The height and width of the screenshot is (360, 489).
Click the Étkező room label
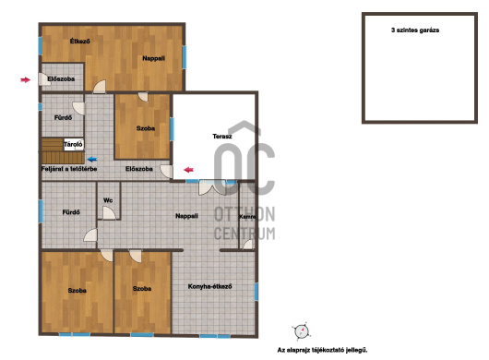[80, 41]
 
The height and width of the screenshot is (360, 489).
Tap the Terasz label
[222, 137]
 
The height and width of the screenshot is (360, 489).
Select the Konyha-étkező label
[209, 286]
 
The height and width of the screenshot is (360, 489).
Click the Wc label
[108, 200]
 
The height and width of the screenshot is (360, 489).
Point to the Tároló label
[73, 144]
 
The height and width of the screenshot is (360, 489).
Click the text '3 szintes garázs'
[415, 30]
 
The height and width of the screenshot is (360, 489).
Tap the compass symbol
[302, 331]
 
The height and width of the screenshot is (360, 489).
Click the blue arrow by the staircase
[92, 160]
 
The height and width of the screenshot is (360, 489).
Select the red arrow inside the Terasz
[188, 170]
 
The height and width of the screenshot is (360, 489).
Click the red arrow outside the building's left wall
[25, 80]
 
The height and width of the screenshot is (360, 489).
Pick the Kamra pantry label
[247, 217]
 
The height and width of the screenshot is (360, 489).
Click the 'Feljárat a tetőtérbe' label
[69, 169]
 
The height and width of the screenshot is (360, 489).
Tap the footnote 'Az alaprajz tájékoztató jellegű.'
[323, 350]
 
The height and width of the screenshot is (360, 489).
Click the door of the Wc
[109, 213]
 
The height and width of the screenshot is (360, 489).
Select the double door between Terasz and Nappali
[212, 187]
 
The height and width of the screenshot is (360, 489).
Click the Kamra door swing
[248, 245]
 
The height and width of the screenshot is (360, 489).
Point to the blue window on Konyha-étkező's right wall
[256, 292]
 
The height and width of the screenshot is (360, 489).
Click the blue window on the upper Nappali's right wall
[185, 57]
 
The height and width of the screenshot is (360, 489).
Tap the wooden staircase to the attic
[63, 151]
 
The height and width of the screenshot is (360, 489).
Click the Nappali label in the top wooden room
[153, 58]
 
